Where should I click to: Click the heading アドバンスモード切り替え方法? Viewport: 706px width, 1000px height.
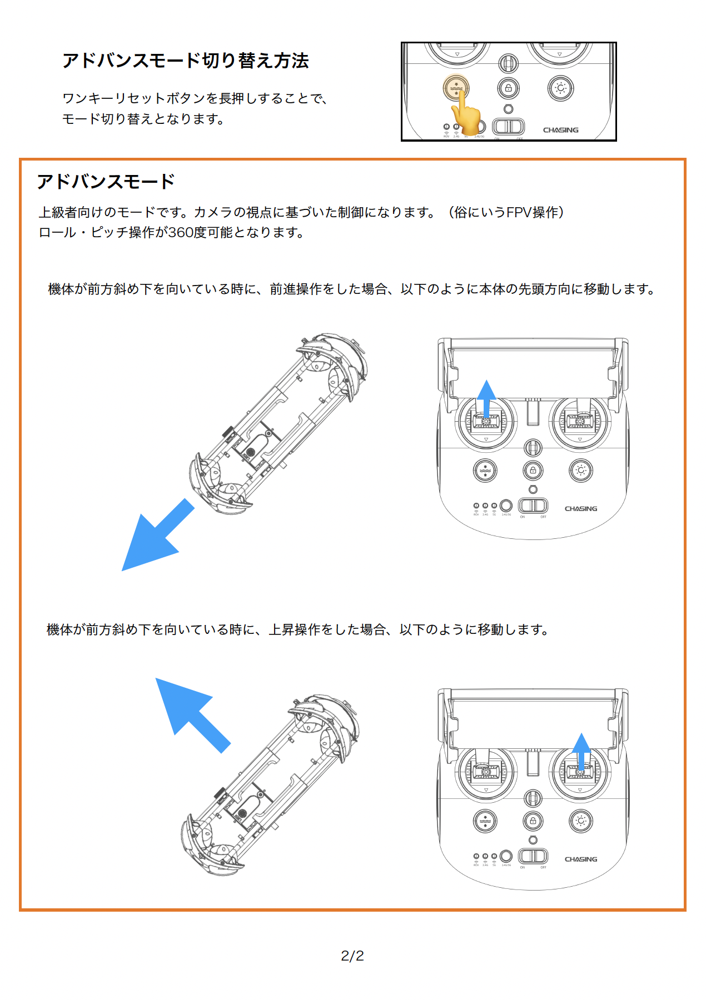[x=185, y=61]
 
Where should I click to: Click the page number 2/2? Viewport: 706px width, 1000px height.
[x=352, y=956]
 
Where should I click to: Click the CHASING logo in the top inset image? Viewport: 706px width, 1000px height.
[x=560, y=130]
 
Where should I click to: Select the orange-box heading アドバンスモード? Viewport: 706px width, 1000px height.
[x=106, y=182]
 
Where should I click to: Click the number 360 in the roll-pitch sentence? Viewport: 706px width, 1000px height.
[x=179, y=232]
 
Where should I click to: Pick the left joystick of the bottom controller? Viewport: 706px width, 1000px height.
[x=486, y=772]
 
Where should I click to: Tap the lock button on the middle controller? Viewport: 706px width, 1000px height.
[x=533, y=471]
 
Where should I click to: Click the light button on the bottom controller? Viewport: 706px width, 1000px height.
[x=581, y=821]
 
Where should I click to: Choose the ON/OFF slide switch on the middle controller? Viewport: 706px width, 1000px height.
[x=533, y=506]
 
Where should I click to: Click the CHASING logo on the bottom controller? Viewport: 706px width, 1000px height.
[x=581, y=859]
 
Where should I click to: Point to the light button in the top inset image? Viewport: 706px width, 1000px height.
[x=560, y=88]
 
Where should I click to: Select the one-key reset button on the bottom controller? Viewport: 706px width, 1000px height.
[x=485, y=821]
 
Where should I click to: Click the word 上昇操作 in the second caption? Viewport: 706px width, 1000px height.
[x=295, y=629]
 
